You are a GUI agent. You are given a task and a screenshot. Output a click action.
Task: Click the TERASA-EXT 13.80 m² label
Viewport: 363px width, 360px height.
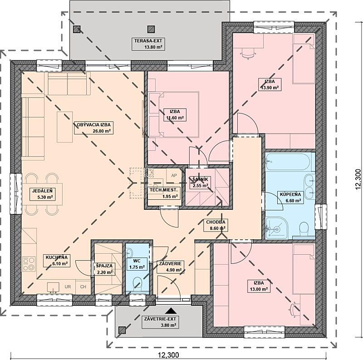(x=148, y=44)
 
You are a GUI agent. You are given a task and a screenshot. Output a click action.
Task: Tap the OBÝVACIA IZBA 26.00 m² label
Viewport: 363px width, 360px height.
(x=94, y=128)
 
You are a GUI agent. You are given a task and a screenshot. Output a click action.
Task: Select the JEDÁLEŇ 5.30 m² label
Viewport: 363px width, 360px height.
(x=43, y=194)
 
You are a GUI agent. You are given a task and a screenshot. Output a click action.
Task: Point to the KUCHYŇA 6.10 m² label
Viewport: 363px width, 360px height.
(x=57, y=261)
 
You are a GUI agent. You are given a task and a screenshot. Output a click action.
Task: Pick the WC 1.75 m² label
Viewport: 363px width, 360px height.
(x=137, y=264)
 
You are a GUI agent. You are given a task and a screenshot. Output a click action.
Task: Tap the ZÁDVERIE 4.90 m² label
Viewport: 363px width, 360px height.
(x=171, y=266)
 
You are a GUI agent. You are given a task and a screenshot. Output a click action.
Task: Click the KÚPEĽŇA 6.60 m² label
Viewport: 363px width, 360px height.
(x=290, y=197)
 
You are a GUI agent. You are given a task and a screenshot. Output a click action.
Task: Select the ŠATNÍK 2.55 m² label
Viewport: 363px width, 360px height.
(x=201, y=182)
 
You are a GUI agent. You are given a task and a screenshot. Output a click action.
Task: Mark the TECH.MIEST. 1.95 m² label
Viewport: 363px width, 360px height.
(x=164, y=193)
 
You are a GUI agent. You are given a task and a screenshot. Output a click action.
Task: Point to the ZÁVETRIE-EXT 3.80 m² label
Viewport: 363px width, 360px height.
(x=160, y=322)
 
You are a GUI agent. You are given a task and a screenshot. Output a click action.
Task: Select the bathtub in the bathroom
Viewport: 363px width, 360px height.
(x=288, y=162)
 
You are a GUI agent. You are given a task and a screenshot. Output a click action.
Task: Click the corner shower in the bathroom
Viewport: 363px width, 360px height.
(x=277, y=228)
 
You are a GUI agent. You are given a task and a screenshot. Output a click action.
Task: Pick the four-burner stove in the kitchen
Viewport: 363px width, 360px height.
(x=29, y=264)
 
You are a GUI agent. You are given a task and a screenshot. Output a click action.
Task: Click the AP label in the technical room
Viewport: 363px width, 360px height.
(x=174, y=176)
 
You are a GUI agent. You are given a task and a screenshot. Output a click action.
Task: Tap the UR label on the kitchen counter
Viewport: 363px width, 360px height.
(x=68, y=287)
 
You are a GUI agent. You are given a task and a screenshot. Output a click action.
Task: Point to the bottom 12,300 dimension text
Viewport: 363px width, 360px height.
(x=168, y=355)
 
